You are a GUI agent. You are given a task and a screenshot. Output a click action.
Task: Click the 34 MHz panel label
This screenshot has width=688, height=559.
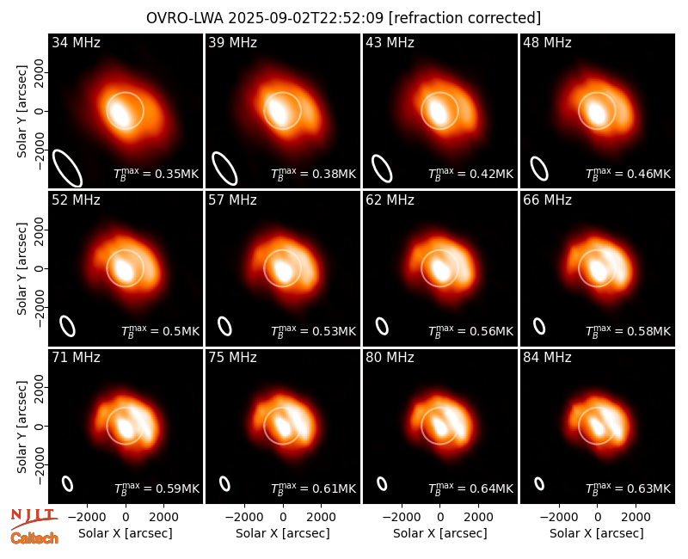tap(76, 42)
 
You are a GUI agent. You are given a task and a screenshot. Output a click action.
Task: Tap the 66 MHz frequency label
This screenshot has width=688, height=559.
tap(547, 200)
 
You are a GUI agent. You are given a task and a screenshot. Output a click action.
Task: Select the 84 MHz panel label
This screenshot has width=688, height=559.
tap(547, 358)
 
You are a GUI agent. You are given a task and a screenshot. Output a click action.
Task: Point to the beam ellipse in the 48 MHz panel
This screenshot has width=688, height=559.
tap(539, 169)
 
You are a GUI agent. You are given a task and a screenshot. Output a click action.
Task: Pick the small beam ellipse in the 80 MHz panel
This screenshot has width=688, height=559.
tap(382, 483)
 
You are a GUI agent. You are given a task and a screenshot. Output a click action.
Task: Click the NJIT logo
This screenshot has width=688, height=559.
tap(34, 518)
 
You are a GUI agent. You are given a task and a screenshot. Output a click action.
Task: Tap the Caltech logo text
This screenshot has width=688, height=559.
tap(34, 538)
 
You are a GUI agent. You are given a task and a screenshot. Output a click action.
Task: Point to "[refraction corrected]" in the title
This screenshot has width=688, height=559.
tap(464, 18)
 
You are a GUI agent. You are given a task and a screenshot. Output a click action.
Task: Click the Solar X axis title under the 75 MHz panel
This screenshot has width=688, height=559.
tap(283, 533)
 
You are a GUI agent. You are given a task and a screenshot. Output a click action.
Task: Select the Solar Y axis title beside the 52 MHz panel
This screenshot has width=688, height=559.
tap(21, 268)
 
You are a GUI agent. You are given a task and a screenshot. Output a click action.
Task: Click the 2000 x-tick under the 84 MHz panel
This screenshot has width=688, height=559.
tap(636, 517)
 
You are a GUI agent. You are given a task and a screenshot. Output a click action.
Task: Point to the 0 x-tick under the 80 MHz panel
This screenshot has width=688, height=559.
tap(440, 517)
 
